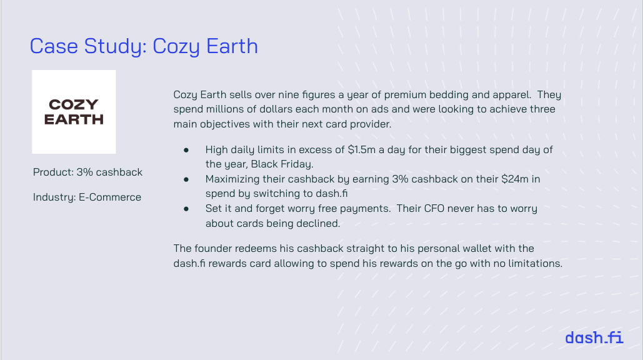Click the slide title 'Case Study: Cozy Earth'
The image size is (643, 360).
[x=144, y=46]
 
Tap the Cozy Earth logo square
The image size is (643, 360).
[x=74, y=112]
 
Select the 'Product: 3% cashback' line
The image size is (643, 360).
[x=87, y=172]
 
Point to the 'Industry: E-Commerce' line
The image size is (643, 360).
[x=87, y=197]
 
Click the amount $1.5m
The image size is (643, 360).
[x=362, y=149]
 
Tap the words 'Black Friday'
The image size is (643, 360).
[x=281, y=164]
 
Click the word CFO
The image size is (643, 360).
[x=434, y=208]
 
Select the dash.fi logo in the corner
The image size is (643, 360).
[x=594, y=337]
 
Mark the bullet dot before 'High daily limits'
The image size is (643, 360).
[x=186, y=151]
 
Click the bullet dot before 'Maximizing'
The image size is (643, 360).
[x=186, y=179]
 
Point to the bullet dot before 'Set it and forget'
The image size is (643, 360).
[x=186, y=209]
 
